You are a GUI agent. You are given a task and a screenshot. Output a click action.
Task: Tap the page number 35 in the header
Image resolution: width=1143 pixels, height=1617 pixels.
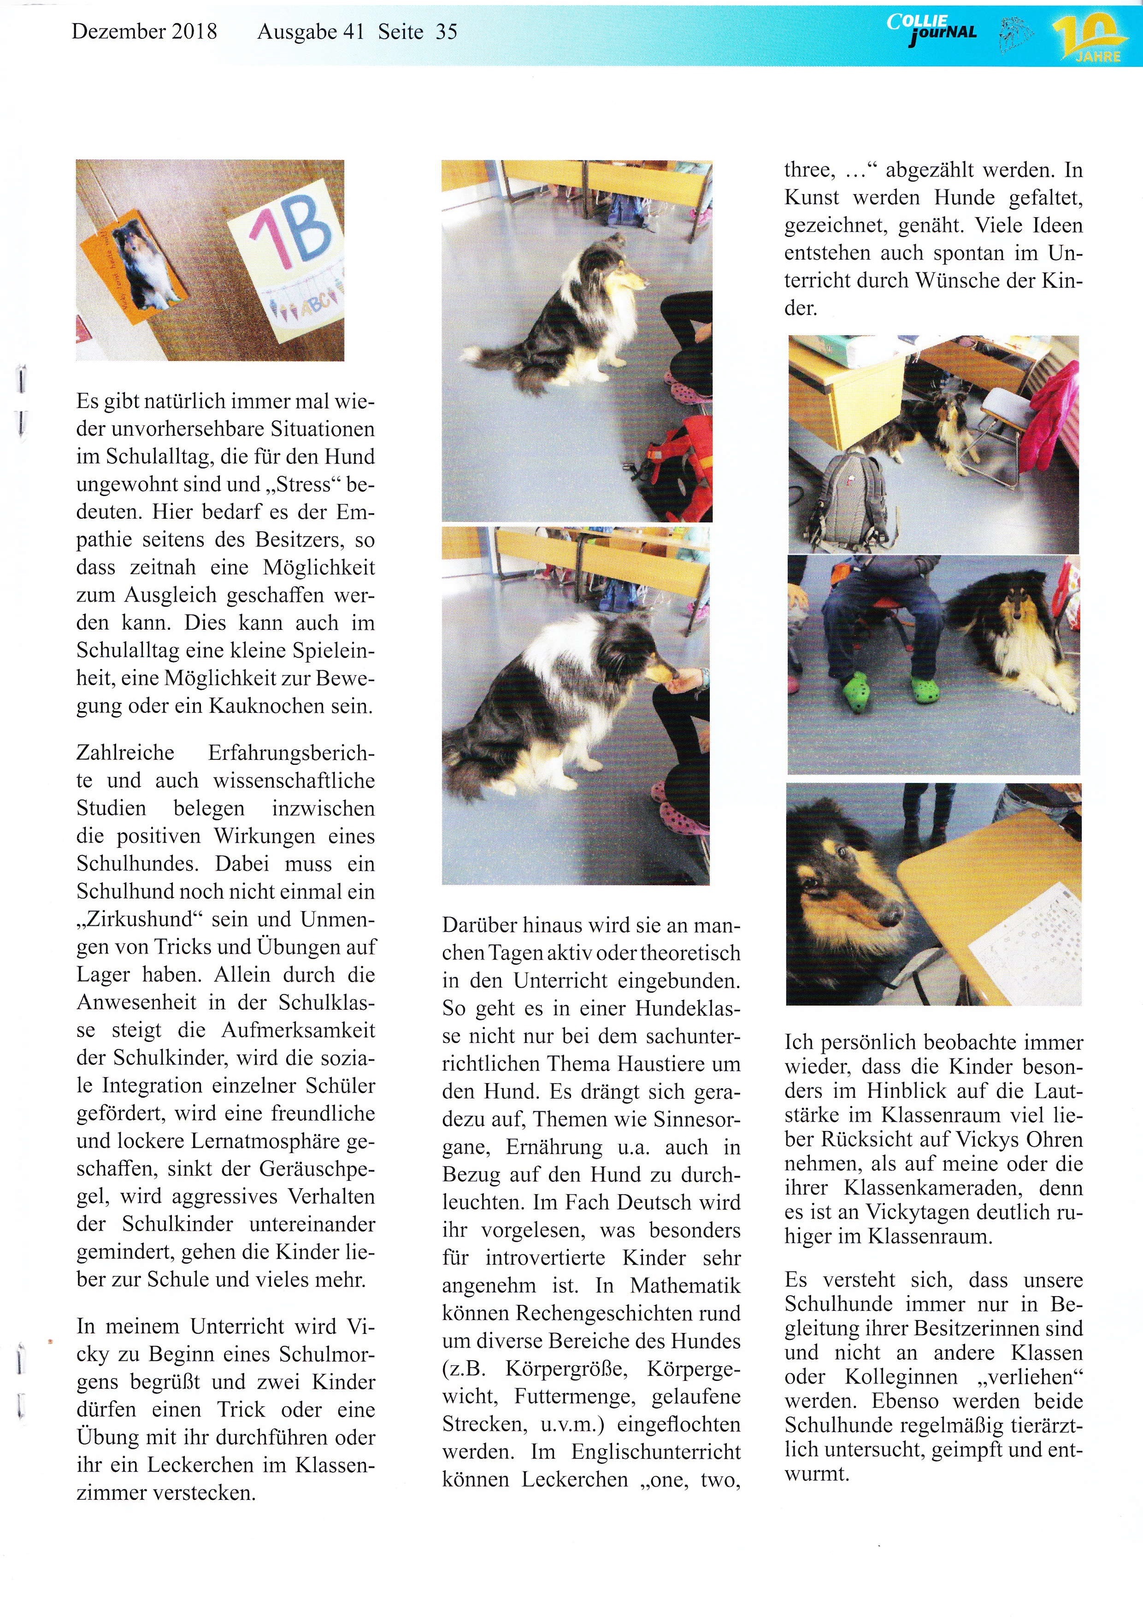pos(446,32)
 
